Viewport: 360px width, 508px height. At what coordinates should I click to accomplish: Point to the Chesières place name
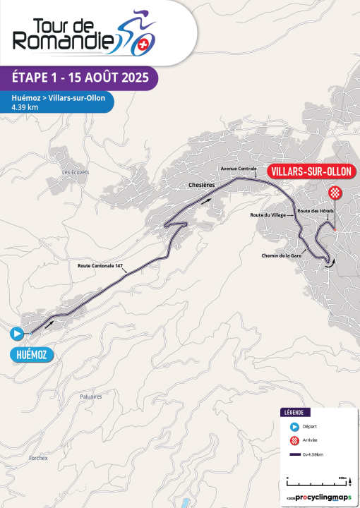pyautogui.click(x=201, y=184)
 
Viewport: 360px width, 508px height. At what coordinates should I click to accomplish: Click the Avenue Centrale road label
pyautogui.click(x=238, y=169)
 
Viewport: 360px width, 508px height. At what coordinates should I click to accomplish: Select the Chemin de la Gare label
pyautogui.click(x=281, y=255)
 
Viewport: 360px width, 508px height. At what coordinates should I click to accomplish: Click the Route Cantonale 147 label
pyautogui.click(x=101, y=265)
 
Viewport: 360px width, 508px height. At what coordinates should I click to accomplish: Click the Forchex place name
pyautogui.click(x=38, y=458)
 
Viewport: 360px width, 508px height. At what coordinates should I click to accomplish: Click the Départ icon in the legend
pyautogui.click(x=294, y=426)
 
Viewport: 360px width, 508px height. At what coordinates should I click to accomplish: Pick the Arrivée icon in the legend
pyautogui.click(x=294, y=441)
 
